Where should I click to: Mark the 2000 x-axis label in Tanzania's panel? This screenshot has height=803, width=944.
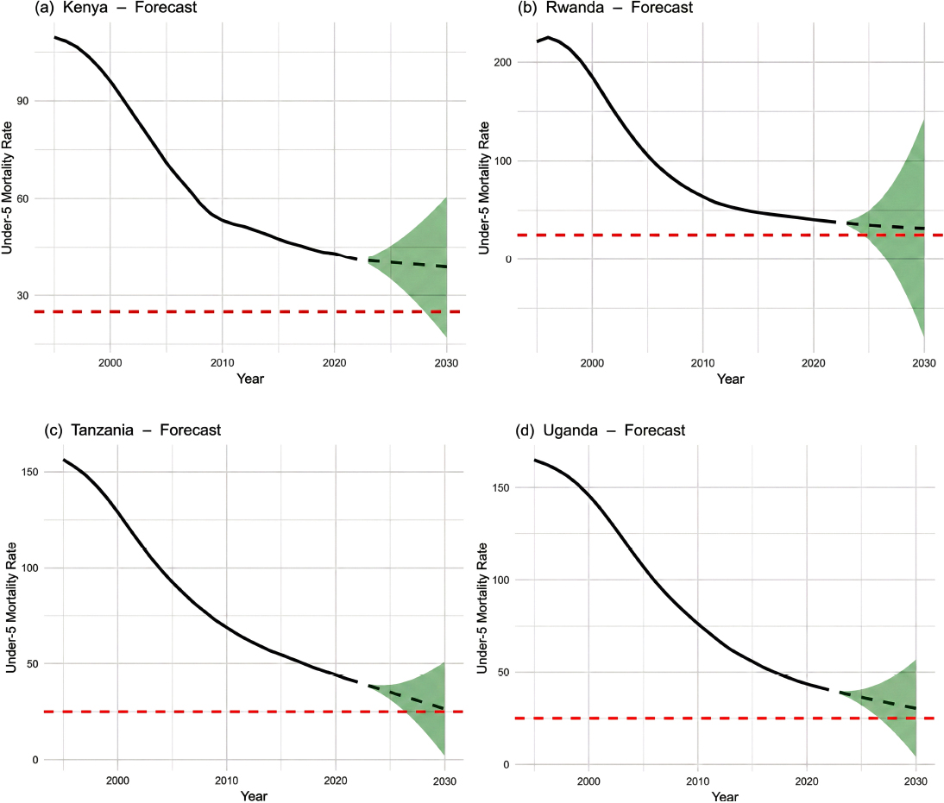click(118, 781)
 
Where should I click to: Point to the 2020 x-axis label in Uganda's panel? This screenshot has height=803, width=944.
click(807, 781)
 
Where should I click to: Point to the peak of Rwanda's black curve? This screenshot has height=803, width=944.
click(548, 37)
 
